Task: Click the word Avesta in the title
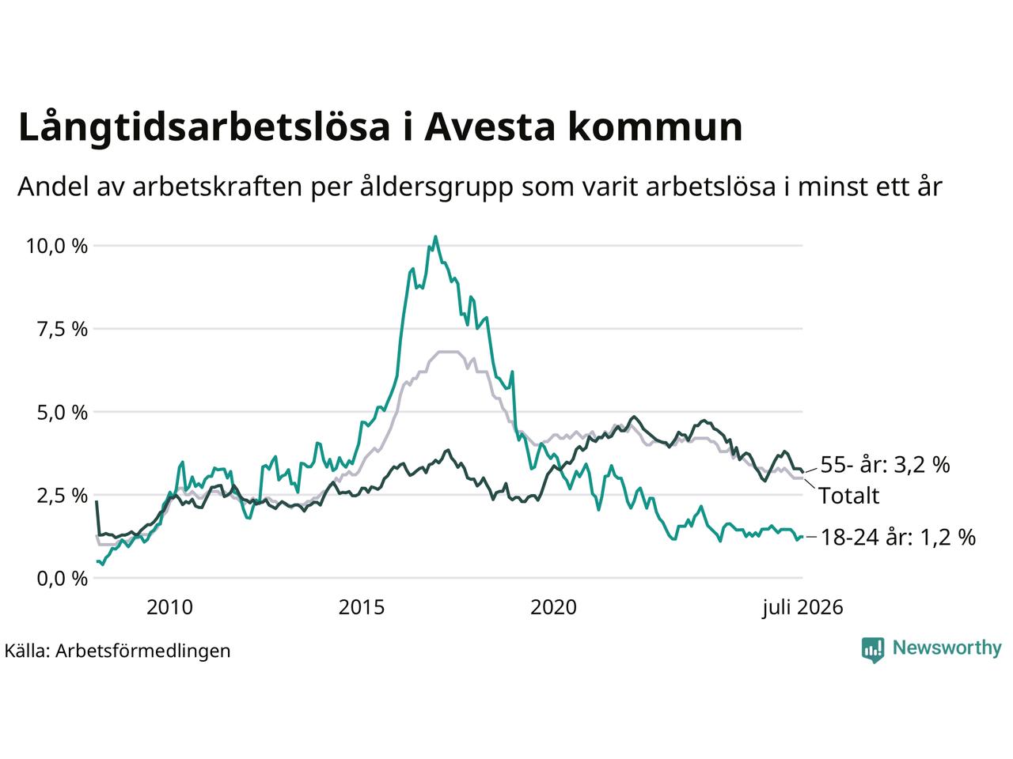[489, 126]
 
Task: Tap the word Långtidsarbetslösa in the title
[204, 126]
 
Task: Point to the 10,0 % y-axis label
[57, 246]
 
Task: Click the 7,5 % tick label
[63, 330]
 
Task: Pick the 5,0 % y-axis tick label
[63, 413]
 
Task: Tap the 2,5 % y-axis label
[63, 496]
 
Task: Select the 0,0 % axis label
[63, 579]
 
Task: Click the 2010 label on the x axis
[169, 607]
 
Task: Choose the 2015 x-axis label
[362, 607]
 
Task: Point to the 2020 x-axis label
[553, 607]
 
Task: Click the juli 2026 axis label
[802, 608]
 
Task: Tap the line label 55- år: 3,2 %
[885, 465]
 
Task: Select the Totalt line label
[849, 496]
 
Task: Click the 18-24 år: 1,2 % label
[898, 538]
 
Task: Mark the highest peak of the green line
[435, 237]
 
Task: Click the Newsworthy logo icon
[873, 650]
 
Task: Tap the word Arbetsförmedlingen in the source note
[143, 651]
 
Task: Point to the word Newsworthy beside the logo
[947, 648]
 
